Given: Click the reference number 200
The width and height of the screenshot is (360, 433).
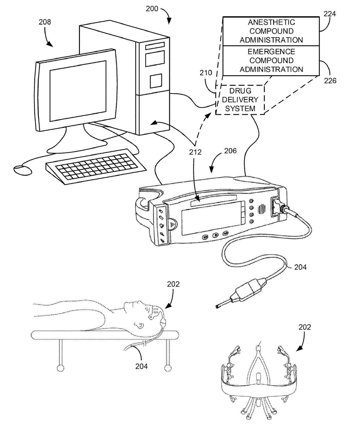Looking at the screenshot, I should coord(152,9).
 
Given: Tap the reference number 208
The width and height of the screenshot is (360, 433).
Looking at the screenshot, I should coord(45,22).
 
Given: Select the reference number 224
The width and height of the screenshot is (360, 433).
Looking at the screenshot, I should coord(330,14).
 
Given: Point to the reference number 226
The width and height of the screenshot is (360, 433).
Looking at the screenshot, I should coord(330,80).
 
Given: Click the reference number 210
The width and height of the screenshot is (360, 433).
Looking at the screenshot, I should coord(206,73).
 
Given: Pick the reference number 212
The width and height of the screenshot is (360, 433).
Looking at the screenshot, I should coord(195,152).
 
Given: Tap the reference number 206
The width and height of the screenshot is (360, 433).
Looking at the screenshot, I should coord(231,151).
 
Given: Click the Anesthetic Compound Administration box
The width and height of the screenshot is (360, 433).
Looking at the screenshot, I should coord(271,31).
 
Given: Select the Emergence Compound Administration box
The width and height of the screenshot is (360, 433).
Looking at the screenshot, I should coord(271,60).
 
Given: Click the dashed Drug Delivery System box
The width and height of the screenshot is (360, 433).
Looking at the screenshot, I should coord(240,100).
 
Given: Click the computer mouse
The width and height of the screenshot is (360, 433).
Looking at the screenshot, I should coord(21,170).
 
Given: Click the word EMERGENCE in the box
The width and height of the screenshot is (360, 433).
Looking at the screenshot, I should coord(271,52).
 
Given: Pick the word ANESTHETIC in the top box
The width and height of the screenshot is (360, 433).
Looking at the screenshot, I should coord(271,22).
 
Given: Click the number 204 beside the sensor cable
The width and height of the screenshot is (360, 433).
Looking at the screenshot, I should coord(300,267).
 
